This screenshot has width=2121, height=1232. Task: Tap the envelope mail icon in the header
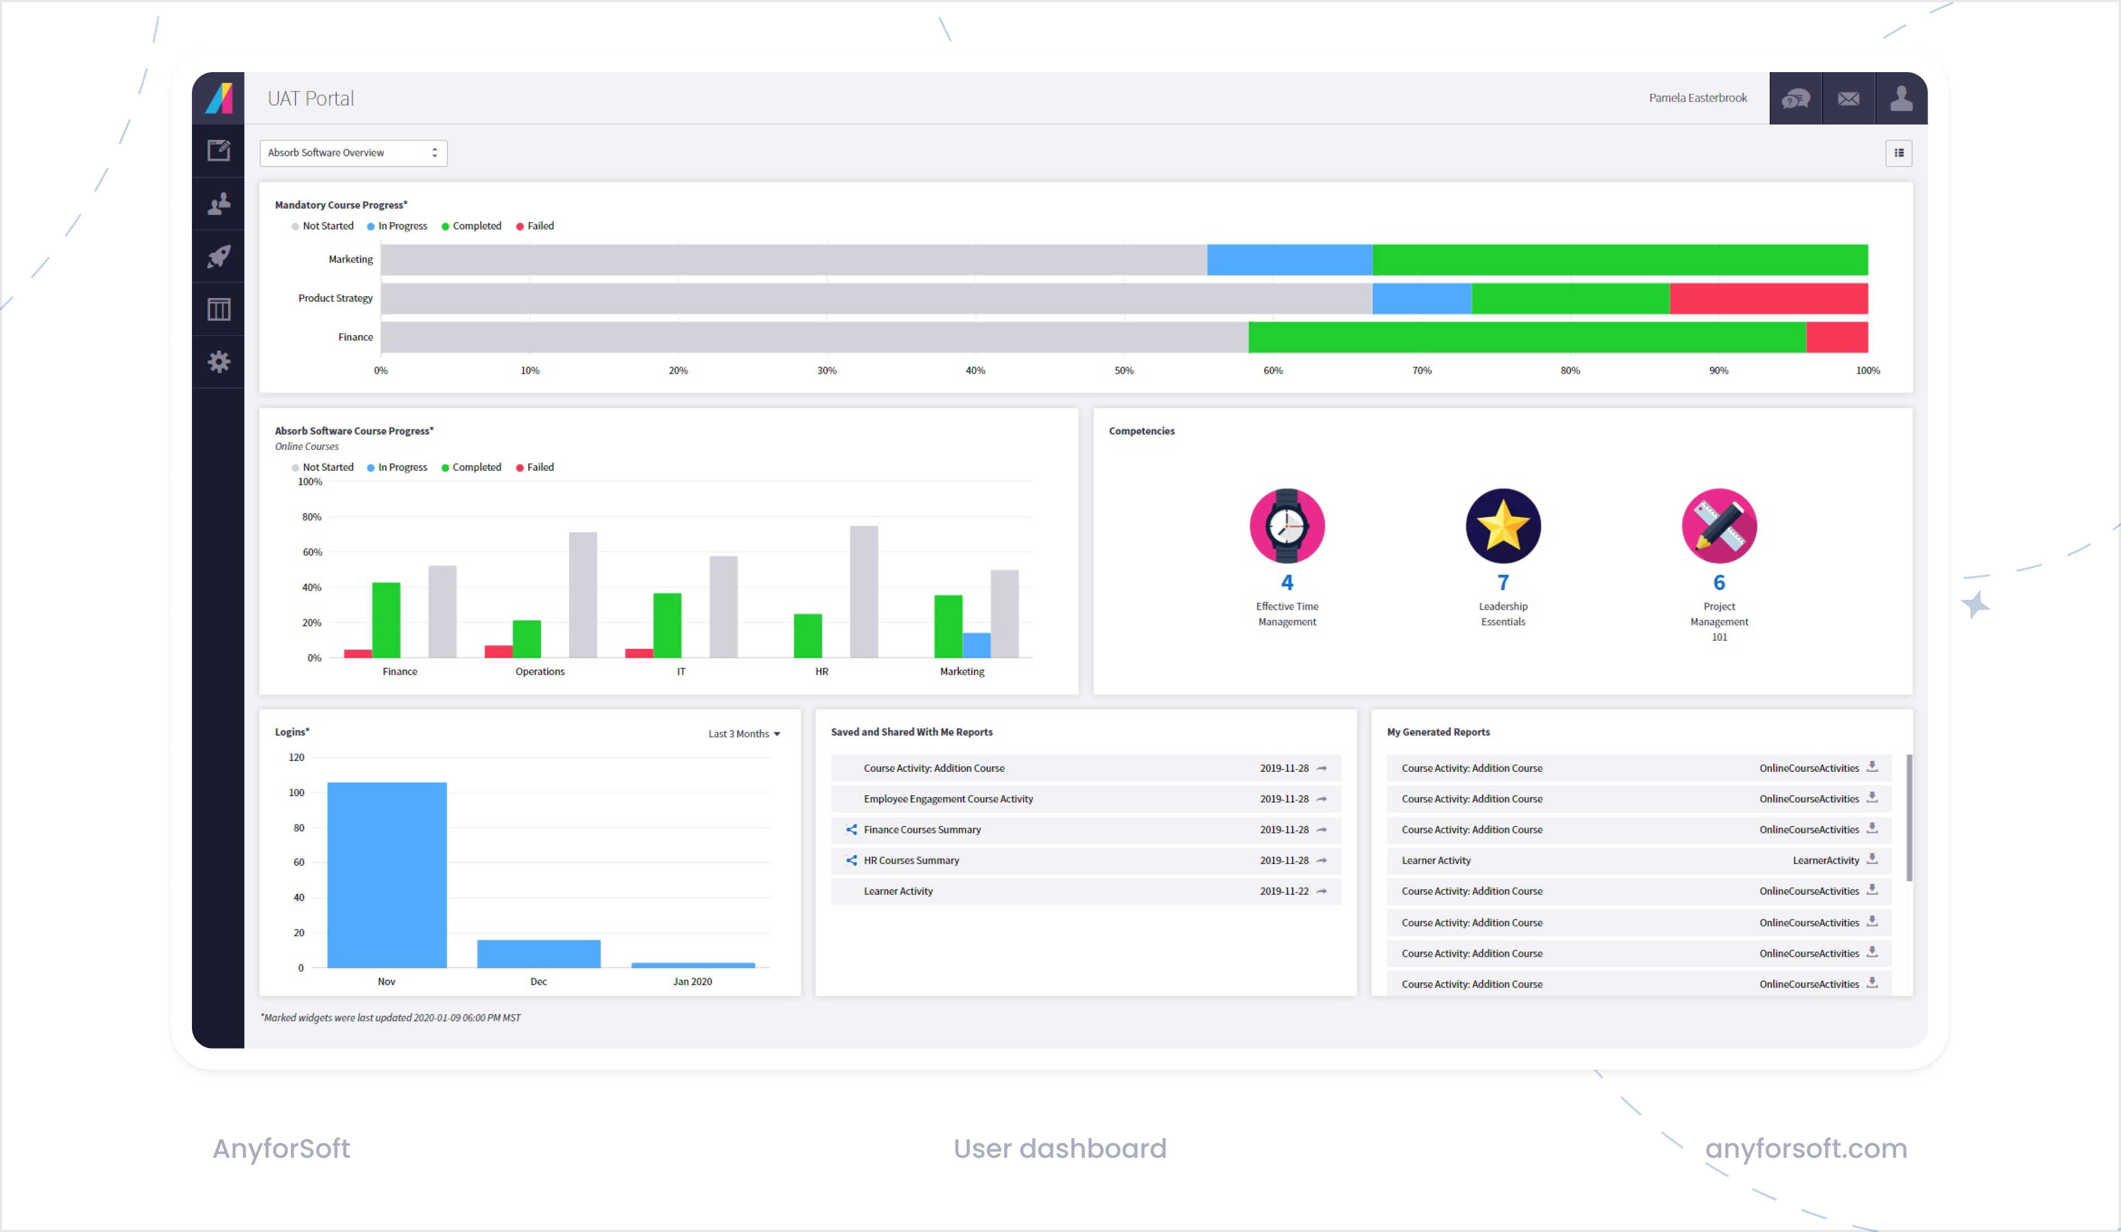pyautogui.click(x=1848, y=99)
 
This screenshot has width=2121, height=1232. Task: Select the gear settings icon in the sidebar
pyautogui.click(x=219, y=362)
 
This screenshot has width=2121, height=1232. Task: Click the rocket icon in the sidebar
pyautogui.click(x=219, y=257)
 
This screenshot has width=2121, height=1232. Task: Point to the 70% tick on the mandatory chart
pyautogui.click(x=1422, y=370)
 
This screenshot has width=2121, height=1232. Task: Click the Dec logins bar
pyautogui.click(x=539, y=954)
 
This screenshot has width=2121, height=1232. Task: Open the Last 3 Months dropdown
pyautogui.click(x=744, y=734)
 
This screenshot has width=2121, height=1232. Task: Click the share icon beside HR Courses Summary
pyautogui.click(x=851, y=860)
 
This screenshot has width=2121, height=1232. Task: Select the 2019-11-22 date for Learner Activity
pyautogui.click(x=1284, y=891)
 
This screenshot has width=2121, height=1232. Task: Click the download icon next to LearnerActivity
pyautogui.click(x=1872, y=859)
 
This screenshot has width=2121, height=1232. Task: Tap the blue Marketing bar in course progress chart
pyautogui.click(x=976, y=645)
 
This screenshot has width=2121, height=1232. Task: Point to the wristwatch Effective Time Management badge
pyautogui.click(x=1287, y=526)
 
